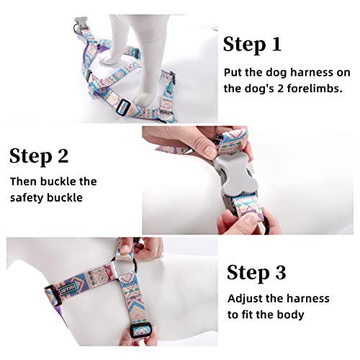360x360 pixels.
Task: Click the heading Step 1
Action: click(x=251, y=44)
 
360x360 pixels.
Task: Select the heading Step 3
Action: click(x=256, y=272)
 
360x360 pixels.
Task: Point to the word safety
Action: click(x=29, y=197)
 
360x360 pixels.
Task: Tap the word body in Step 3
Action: click(x=290, y=315)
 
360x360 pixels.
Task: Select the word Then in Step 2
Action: click(x=24, y=181)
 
